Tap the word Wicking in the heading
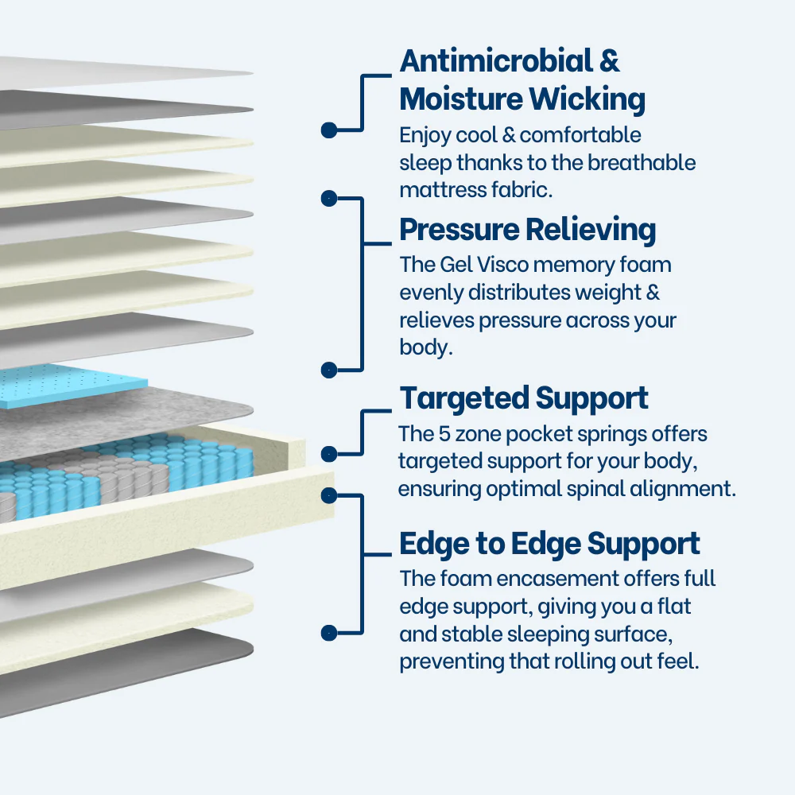click(x=588, y=100)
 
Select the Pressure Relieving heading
click(x=527, y=230)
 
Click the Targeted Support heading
click(x=524, y=398)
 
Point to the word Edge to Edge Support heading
click(x=549, y=545)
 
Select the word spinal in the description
click(x=591, y=488)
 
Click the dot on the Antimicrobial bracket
click(x=328, y=130)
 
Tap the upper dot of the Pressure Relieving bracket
click(x=328, y=198)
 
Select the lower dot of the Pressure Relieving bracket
click(x=328, y=370)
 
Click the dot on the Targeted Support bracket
click(x=328, y=454)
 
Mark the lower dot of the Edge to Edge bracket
click(x=328, y=633)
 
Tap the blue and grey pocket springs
click(x=119, y=477)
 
